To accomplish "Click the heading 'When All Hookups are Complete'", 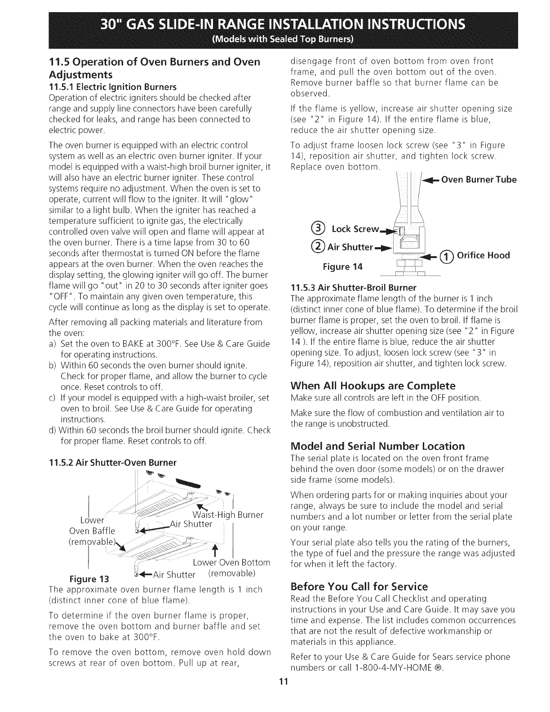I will [x=373, y=386].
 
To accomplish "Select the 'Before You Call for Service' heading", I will [x=359, y=587].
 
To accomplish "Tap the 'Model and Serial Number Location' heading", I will [x=377, y=446].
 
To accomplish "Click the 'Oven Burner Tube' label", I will [x=479, y=180].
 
